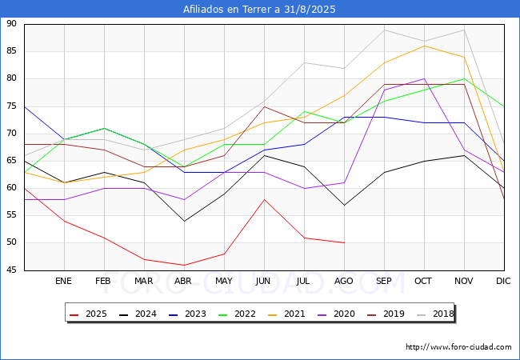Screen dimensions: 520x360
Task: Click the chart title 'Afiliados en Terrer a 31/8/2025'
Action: click(259, 10)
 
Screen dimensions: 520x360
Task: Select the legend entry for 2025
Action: click(89, 314)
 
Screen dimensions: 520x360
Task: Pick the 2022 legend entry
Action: click(238, 314)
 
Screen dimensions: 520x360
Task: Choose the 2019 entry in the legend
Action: click(386, 314)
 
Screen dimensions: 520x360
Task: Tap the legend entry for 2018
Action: click(436, 314)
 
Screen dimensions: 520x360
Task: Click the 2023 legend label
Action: click(188, 314)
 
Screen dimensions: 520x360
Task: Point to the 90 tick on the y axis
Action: click(11, 23)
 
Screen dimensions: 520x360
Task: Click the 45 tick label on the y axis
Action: click(11, 270)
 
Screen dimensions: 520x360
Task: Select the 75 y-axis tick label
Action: click(11, 106)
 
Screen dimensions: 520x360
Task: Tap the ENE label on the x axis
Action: click(63, 281)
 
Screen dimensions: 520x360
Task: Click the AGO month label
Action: click(343, 281)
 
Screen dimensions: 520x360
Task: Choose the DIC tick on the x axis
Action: click(503, 281)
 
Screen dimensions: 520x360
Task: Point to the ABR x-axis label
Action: click(183, 281)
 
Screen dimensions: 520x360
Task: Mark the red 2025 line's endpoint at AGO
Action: click(344, 242)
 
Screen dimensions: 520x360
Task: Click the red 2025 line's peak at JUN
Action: click(264, 199)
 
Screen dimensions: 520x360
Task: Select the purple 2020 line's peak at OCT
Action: click(424, 79)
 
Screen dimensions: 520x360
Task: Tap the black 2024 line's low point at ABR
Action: click(184, 221)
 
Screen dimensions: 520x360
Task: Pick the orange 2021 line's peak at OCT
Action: click(424, 46)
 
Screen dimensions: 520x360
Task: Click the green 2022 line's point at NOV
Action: click(464, 79)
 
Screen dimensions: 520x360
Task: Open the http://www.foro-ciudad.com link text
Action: click(458, 347)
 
